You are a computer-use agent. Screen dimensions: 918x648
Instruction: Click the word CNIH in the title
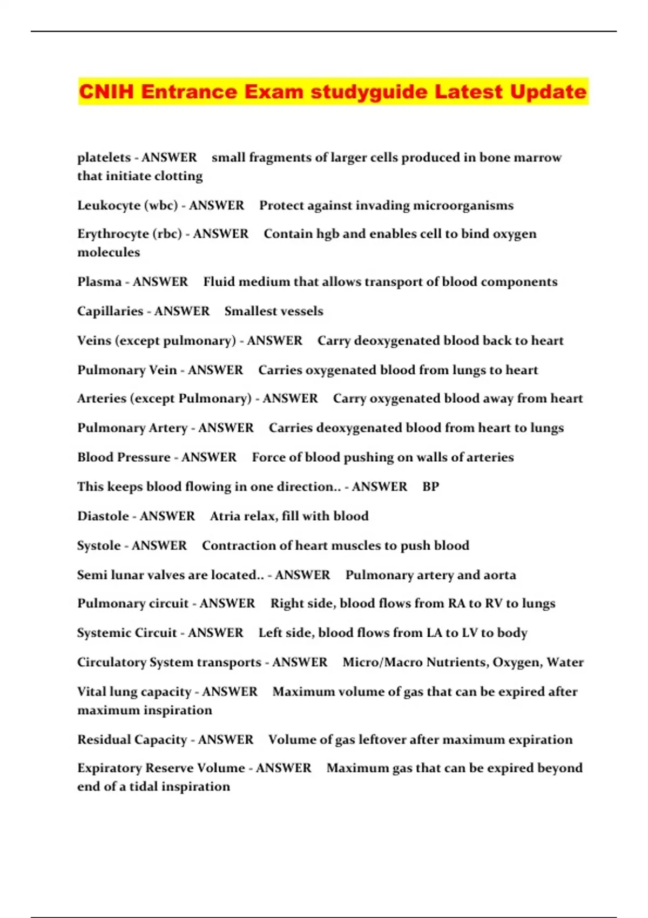point(106,91)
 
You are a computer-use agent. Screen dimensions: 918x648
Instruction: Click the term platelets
point(104,158)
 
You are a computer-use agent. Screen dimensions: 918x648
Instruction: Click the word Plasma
point(99,282)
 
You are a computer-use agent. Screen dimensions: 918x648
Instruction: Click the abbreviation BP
point(430,487)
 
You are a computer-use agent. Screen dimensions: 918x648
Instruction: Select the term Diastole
point(103,516)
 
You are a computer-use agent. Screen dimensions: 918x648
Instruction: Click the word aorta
point(500,575)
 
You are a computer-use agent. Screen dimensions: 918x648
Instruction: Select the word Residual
point(103,740)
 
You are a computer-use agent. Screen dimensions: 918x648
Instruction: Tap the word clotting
point(178,177)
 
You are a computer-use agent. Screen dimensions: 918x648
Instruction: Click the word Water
point(565,663)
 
